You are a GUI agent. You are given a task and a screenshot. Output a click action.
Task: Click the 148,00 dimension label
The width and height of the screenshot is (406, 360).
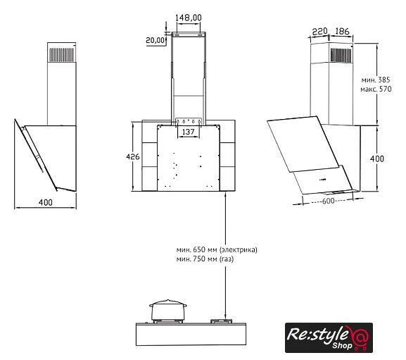point(189,18)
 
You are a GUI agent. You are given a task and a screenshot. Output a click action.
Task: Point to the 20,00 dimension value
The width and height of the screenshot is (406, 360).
point(156,40)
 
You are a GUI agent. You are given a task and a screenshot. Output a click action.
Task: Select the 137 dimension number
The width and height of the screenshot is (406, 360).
point(189,132)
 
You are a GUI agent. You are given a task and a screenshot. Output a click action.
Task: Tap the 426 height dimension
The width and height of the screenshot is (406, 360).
point(132,156)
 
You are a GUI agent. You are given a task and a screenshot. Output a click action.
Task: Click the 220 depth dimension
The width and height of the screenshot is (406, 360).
point(319,32)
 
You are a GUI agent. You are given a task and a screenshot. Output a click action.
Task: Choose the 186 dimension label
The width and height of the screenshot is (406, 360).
point(342,32)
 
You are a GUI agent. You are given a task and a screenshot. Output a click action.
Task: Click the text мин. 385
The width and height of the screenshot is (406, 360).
point(376,80)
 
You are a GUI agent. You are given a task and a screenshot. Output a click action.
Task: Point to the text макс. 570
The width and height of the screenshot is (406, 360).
point(376,89)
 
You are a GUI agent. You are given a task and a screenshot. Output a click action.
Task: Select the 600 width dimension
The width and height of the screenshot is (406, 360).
point(328,201)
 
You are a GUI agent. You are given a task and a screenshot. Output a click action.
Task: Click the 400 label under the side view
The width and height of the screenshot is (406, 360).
point(45,202)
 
